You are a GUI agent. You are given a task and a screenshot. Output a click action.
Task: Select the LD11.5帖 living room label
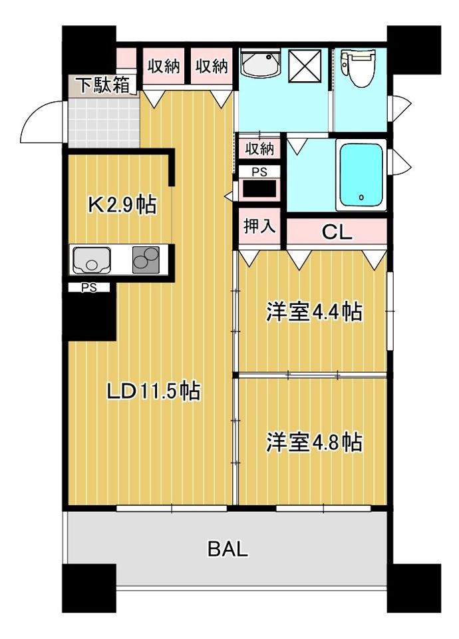(x=154, y=391)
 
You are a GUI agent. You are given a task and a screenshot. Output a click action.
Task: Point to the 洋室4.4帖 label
(x=314, y=312)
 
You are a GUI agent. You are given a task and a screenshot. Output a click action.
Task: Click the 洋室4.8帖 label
(x=314, y=442)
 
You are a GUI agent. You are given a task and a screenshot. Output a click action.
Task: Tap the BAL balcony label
(x=228, y=549)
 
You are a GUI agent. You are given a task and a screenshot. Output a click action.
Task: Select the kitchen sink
(x=94, y=260)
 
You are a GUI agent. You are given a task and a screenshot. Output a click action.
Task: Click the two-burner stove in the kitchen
(x=146, y=260)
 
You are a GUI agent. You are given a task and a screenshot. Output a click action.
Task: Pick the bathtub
(x=361, y=175)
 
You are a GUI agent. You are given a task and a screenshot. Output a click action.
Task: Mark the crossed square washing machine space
(x=306, y=65)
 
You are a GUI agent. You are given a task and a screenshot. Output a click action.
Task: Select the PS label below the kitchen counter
(x=88, y=288)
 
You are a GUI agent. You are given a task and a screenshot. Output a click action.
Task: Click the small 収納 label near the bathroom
(x=259, y=147)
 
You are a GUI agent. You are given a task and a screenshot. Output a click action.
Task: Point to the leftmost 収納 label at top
(x=164, y=66)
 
